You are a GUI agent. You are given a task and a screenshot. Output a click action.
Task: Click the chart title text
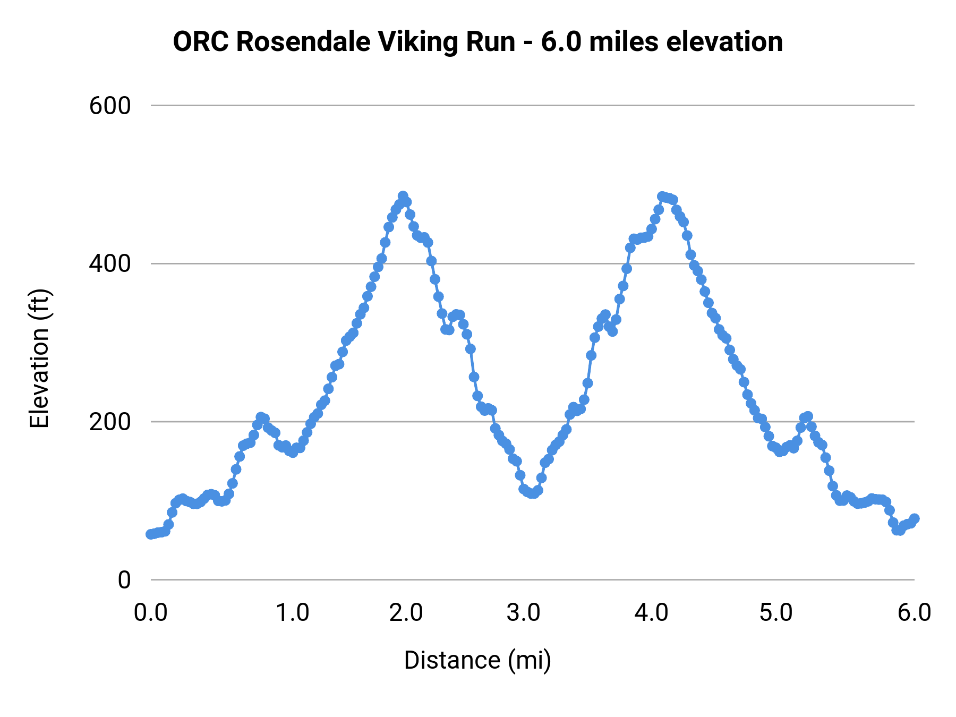coord(477,42)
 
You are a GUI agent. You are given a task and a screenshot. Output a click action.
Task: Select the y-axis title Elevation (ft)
coord(39,358)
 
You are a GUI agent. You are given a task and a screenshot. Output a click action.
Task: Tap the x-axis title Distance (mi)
coord(477,660)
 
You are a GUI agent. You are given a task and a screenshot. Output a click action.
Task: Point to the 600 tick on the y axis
coord(110,106)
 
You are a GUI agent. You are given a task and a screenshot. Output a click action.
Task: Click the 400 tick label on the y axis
coord(110,263)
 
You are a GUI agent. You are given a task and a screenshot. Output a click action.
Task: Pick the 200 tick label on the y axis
coord(110,422)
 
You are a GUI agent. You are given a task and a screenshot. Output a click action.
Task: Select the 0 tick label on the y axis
coord(124,580)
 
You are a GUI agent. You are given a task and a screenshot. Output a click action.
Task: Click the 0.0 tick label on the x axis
coord(151,612)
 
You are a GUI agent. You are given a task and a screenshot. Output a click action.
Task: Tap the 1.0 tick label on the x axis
coord(293,612)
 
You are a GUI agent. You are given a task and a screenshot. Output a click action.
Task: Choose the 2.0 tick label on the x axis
coord(406,612)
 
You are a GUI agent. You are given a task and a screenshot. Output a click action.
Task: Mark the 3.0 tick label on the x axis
coord(524,612)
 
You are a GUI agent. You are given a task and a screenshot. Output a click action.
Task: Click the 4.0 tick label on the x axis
coord(652,612)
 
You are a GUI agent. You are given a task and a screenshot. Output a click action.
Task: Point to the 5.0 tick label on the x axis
coord(776,612)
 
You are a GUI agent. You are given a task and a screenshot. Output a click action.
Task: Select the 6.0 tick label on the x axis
coord(914,612)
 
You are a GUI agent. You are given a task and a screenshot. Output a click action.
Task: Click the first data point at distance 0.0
coord(151,534)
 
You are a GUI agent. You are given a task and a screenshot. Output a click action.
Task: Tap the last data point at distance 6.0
coord(914,518)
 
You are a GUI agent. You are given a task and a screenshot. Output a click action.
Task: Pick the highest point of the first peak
coord(403,197)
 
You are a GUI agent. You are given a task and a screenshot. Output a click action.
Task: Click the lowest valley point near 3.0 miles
coord(533,494)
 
